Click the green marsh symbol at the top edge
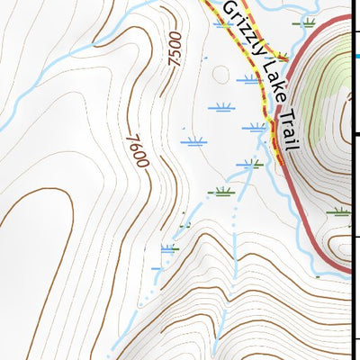click(x=308, y=22)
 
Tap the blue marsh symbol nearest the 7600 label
click(x=193, y=140)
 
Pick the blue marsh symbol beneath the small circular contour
click(x=221, y=108)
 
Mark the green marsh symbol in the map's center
click(x=220, y=191)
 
